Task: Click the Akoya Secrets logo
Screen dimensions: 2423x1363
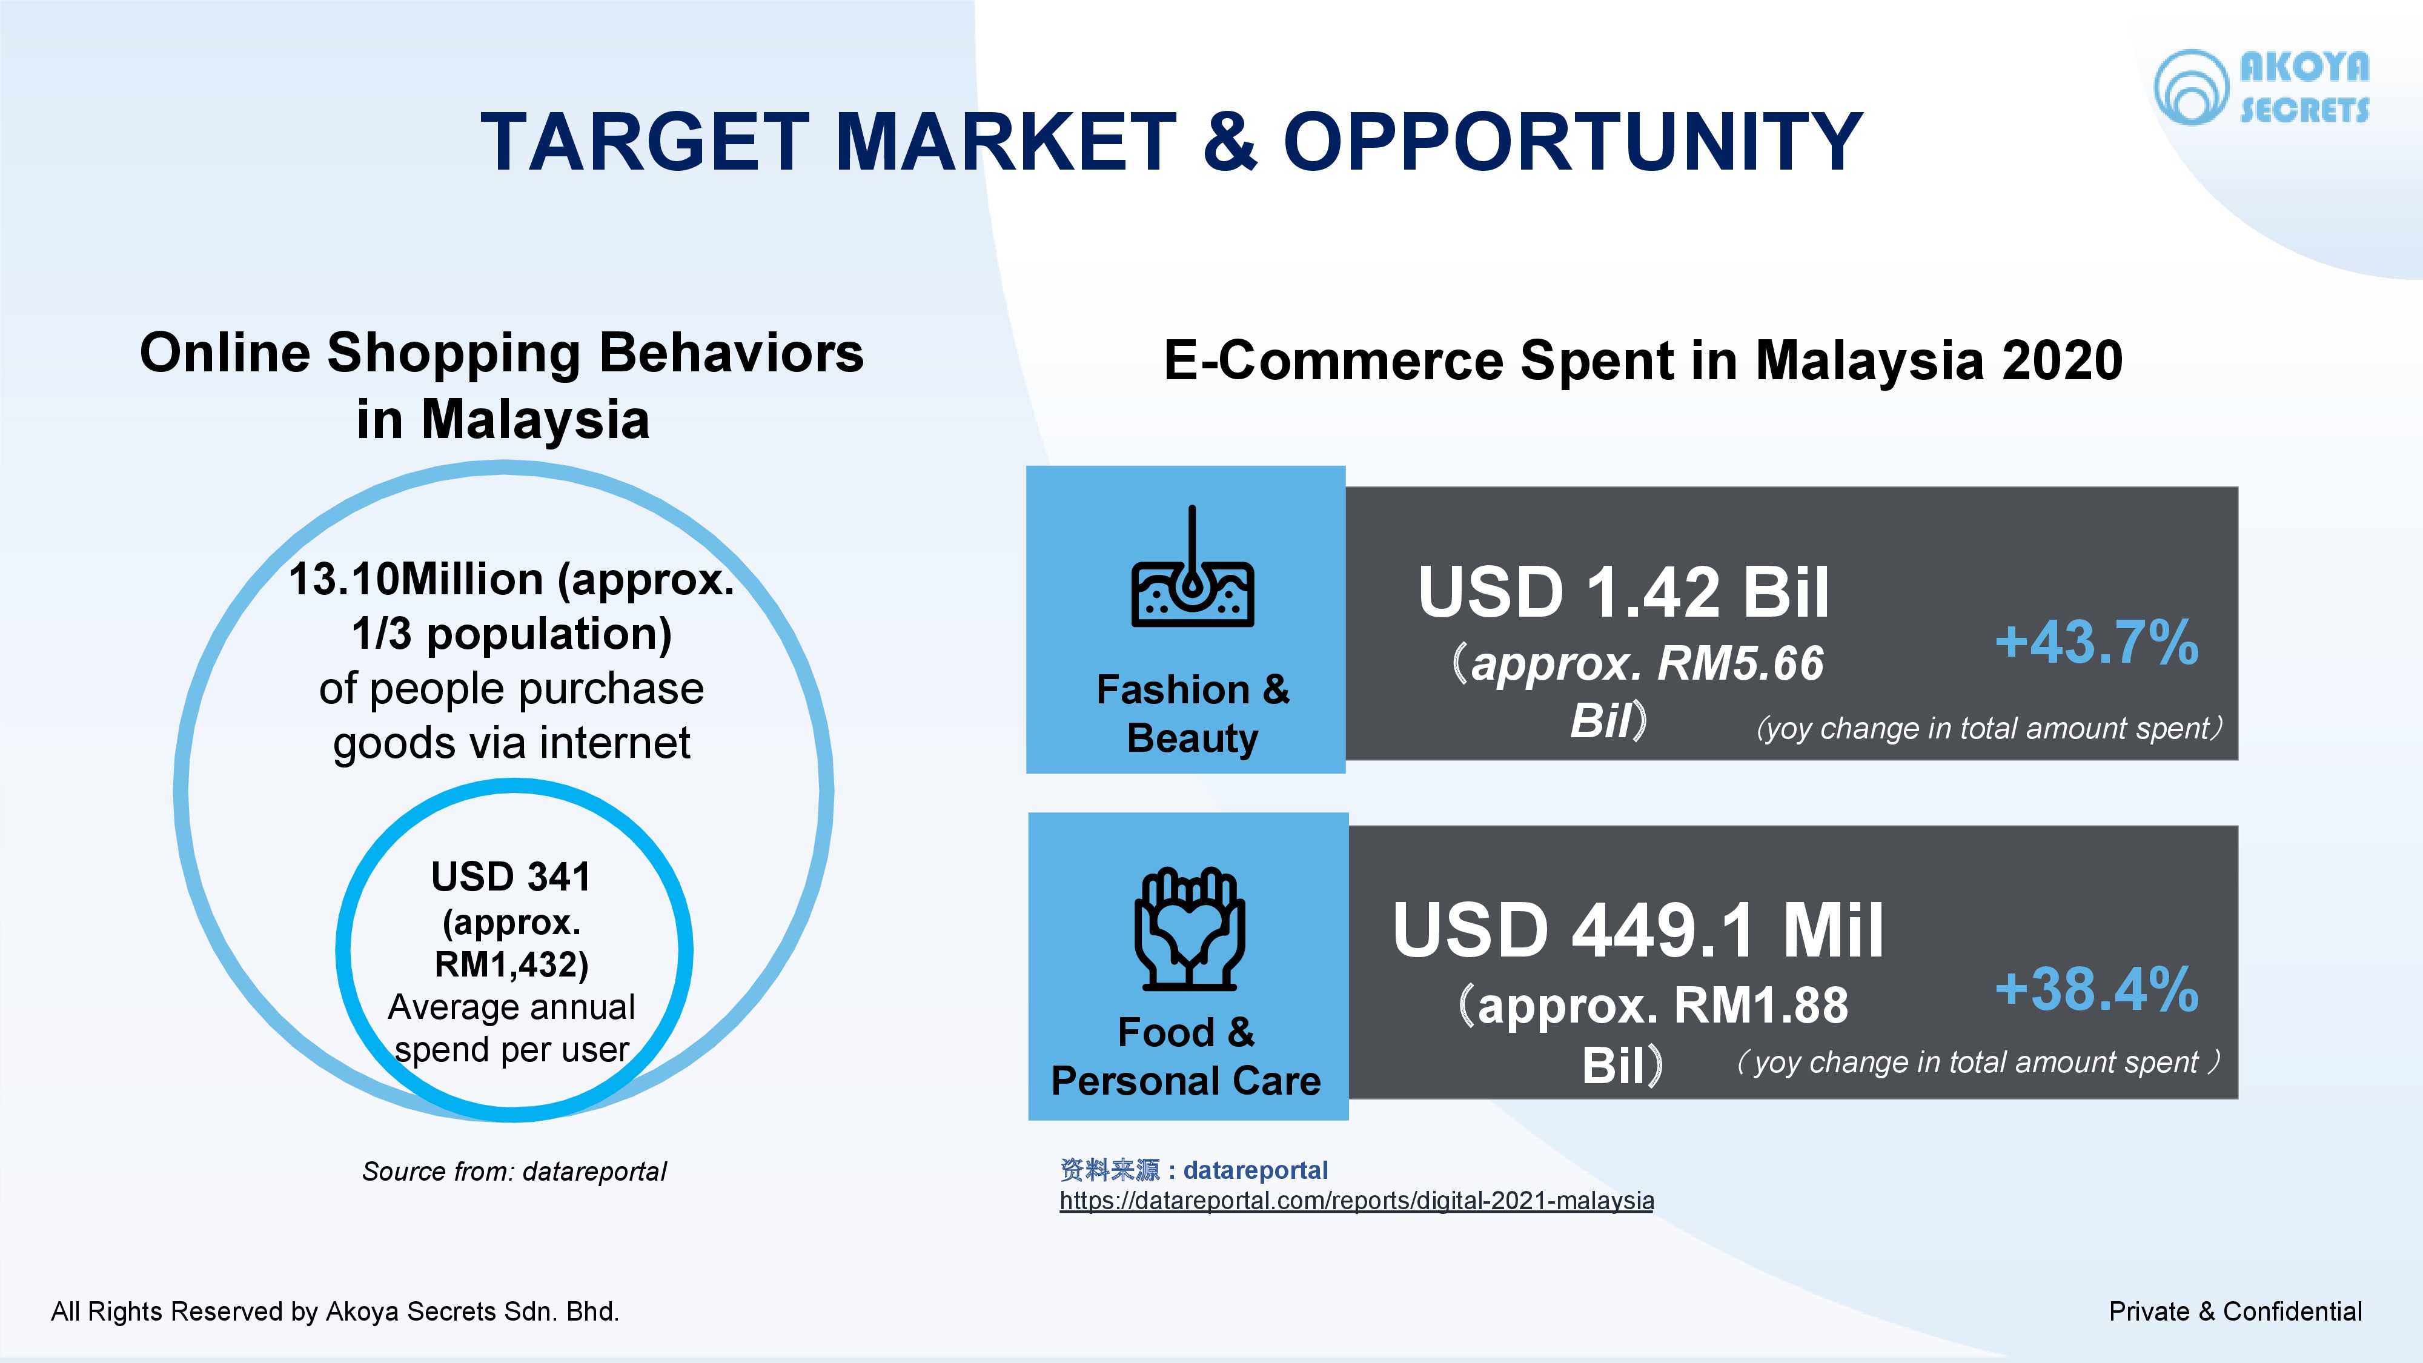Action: [x=2261, y=87]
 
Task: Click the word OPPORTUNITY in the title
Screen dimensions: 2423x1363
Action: [x=1573, y=141]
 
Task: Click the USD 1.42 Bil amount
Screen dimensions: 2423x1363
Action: [x=1623, y=592]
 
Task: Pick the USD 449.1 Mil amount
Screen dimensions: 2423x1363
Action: [x=1637, y=929]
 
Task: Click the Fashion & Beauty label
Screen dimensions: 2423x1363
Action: [x=1193, y=714]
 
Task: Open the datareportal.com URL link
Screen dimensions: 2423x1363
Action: [x=1356, y=1201]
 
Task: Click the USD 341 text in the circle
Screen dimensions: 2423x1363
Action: [x=511, y=877]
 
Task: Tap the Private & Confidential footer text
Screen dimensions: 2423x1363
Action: [x=2235, y=1312]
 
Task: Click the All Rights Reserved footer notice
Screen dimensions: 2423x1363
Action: [x=335, y=1312]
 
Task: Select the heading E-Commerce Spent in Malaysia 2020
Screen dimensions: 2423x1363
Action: [x=1643, y=360]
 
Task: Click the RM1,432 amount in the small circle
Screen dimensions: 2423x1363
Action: [x=511, y=964]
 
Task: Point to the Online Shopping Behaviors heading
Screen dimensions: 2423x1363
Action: [x=502, y=386]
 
